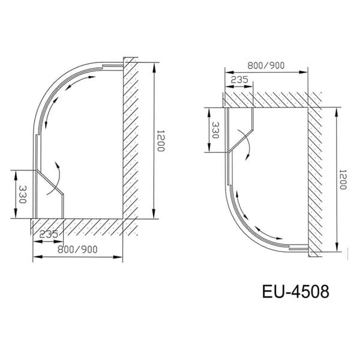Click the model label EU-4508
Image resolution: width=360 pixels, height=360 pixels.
(295, 292)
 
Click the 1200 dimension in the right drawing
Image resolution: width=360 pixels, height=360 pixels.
(343, 179)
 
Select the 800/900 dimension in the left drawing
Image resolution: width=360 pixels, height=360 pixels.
(77, 249)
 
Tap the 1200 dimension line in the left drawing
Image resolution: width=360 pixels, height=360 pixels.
(154, 141)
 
